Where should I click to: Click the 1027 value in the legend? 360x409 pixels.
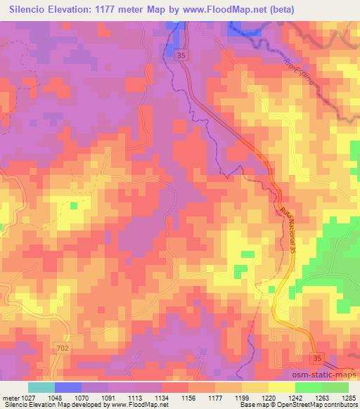tap(27, 397)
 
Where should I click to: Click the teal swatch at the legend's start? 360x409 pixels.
tap(41, 387)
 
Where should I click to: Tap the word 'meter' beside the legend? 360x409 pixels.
tap(9, 397)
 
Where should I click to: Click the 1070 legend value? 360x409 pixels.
tap(72, 397)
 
